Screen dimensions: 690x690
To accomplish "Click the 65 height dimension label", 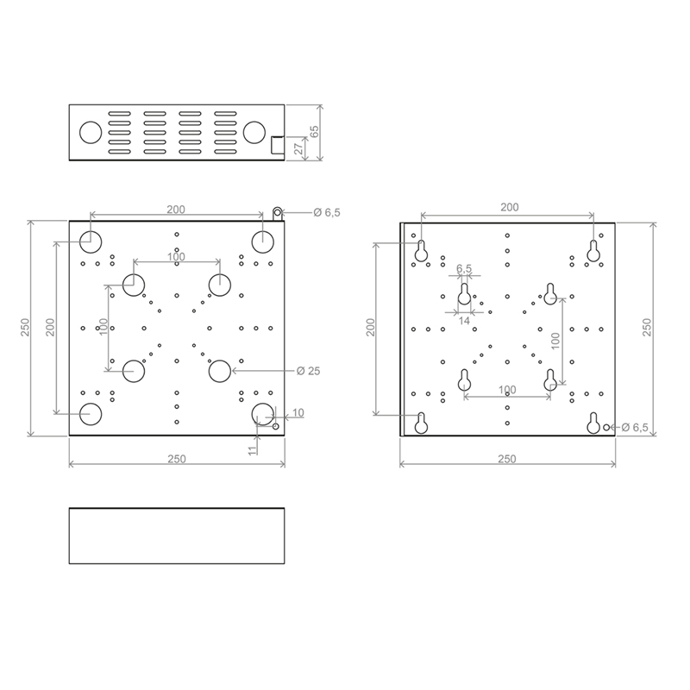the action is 314,132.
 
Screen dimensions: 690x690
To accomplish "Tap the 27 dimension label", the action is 298,148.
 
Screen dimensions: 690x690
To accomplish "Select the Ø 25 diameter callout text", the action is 308,371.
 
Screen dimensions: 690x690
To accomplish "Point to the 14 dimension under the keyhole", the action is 464,321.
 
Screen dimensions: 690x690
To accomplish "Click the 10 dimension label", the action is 298,413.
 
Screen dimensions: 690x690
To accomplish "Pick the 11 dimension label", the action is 252,450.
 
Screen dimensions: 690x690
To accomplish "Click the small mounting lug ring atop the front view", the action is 277,213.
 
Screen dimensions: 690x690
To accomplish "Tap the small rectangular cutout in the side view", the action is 277,145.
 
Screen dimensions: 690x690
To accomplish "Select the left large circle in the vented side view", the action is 91,132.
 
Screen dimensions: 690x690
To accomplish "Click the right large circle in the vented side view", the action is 254,132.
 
